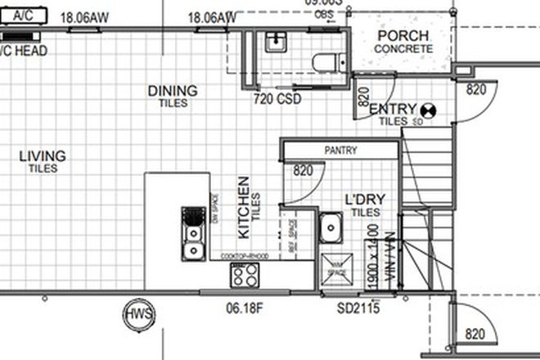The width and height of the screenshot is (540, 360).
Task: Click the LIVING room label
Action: click(x=43, y=155)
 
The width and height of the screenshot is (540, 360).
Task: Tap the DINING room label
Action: click(x=172, y=91)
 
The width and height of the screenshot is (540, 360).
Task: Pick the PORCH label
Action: click(x=403, y=36)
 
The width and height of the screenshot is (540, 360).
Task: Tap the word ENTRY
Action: click(x=393, y=109)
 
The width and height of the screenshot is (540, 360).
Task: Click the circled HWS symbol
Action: click(x=135, y=314)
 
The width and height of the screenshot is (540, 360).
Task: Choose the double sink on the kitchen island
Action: click(x=192, y=232)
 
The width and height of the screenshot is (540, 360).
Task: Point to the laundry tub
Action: click(x=331, y=226)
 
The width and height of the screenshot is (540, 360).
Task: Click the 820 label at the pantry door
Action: click(x=303, y=171)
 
